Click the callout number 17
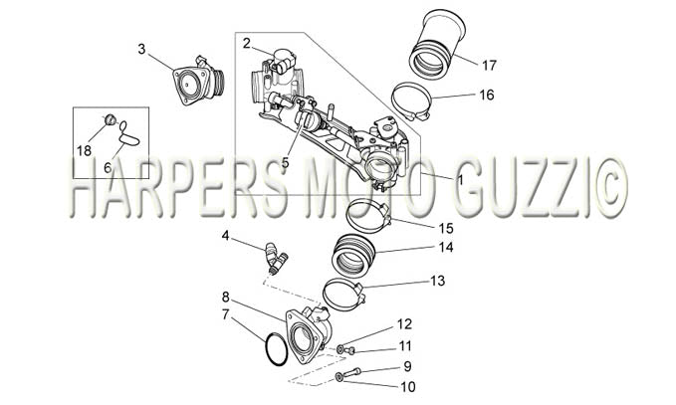(489, 66)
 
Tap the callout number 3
(141, 49)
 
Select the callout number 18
(85, 151)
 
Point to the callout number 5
(285, 163)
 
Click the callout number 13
(438, 281)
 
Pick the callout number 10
(408, 387)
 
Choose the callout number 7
(225, 314)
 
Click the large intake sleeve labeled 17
(437, 44)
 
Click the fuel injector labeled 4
(276, 259)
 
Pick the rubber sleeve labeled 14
(353, 255)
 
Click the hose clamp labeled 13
(343, 296)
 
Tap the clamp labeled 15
(368, 215)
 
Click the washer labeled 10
(339, 378)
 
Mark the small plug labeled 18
(111, 119)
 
